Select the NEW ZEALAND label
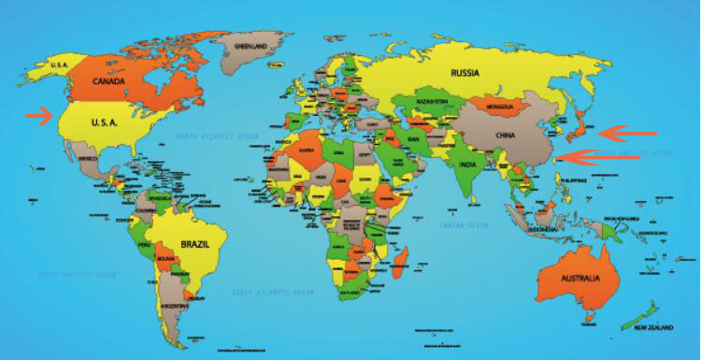[654, 329]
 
